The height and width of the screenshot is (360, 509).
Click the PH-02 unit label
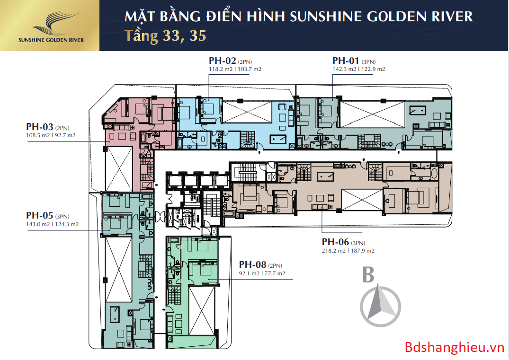click(222, 61)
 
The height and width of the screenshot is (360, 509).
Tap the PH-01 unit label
click(346, 61)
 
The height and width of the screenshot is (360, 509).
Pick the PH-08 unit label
click(253, 265)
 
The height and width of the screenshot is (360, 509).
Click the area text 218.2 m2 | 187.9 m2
click(348, 251)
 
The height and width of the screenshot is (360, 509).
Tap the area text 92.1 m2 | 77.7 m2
click(262, 273)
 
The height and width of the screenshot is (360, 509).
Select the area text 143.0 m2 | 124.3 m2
click(52, 224)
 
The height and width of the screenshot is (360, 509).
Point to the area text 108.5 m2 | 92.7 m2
click(51, 135)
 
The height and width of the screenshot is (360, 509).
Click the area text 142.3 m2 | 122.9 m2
click(358, 69)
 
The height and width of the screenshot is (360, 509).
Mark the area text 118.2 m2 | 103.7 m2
click(235, 69)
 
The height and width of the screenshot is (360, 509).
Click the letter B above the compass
click(368, 275)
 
